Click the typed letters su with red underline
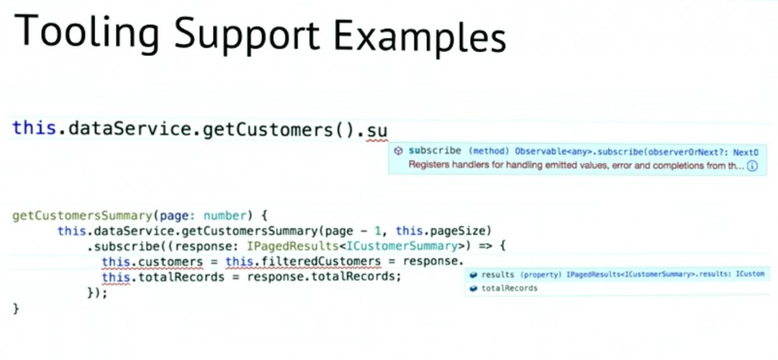tap(377, 128)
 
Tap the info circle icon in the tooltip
tap(752, 166)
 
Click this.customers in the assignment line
tap(152, 261)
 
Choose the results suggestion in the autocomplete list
tap(499, 274)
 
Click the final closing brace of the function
tap(16, 308)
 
